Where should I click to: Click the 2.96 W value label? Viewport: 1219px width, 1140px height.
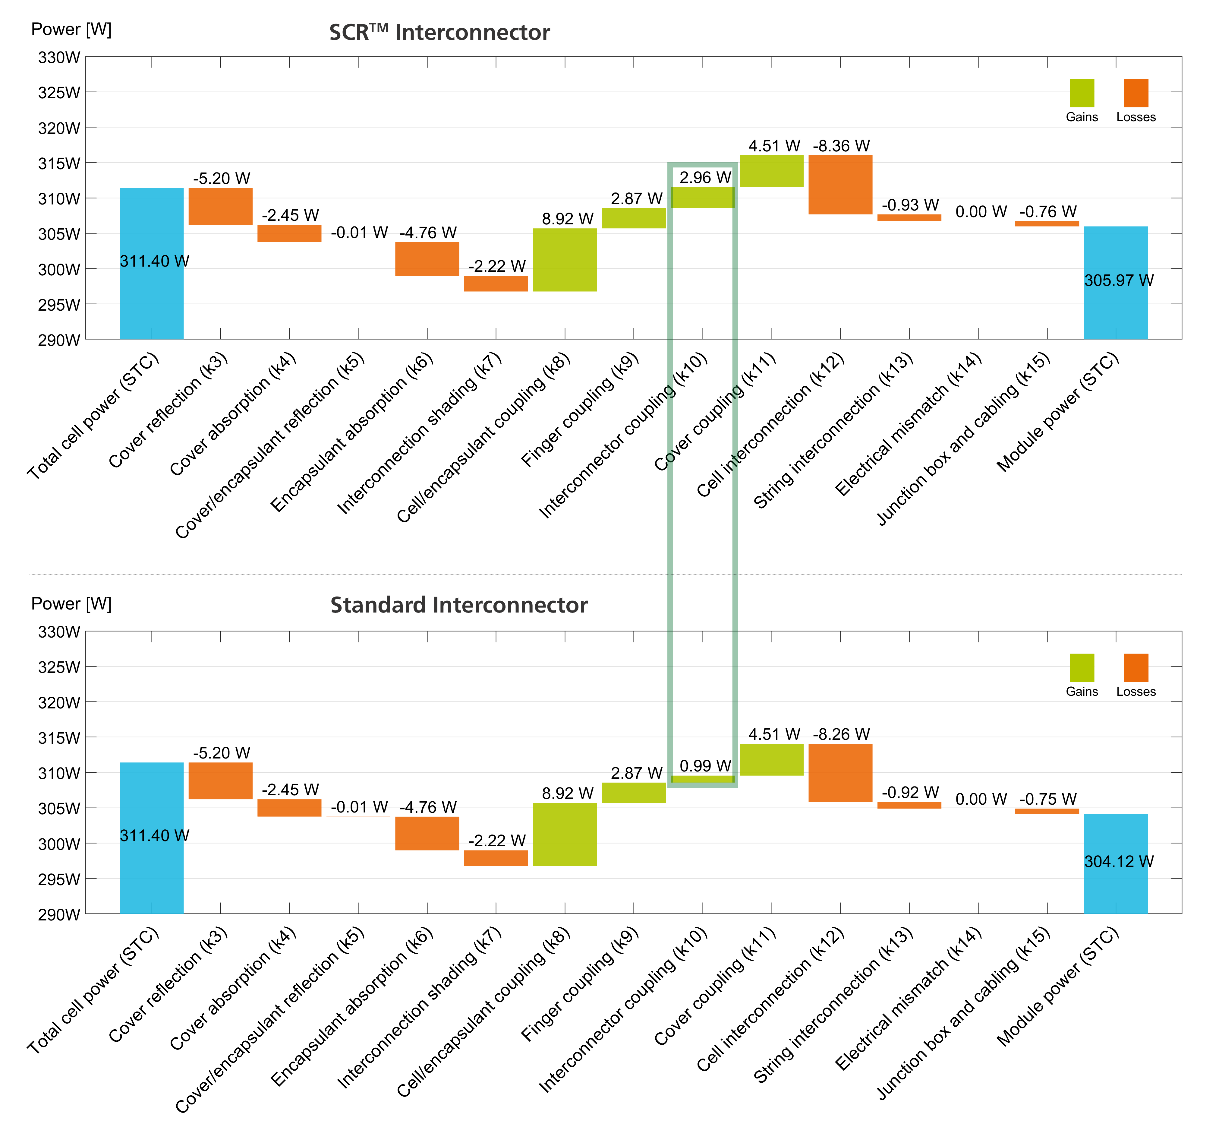(705, 178)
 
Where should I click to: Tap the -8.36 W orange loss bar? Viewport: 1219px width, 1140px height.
(840, 185)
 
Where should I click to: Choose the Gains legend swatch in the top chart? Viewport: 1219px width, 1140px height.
(1082, 93)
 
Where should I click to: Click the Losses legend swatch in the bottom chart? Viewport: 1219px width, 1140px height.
(1136, 667)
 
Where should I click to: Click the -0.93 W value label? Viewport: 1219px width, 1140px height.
(910, 205)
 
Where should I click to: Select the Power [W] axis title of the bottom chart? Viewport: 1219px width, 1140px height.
(71, 604)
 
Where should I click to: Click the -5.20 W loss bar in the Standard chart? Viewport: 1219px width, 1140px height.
(220, 781)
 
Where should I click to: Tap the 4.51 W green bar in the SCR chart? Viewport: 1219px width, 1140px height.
(771, 171)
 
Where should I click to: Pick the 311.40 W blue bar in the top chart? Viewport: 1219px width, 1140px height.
(151, 263)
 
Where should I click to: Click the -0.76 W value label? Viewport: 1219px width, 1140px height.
(1047, 212)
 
